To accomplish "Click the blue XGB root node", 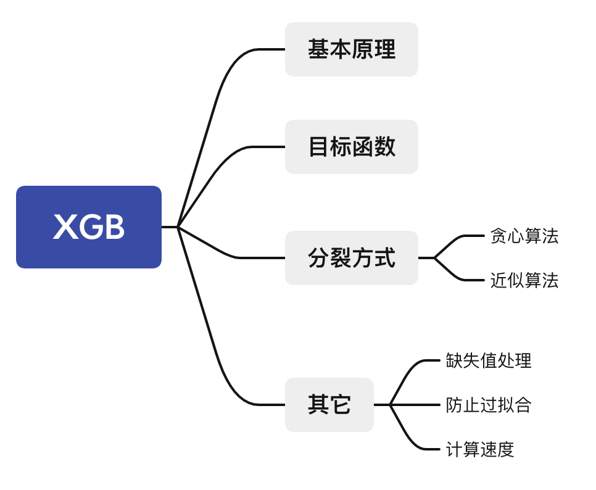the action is tap(89, 227).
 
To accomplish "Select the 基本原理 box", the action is tap(352, 49).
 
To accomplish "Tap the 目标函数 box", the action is tap(352, 147).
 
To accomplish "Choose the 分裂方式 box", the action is tap(352, 258).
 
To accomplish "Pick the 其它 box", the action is tap(329, 404).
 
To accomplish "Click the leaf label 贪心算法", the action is tap(524, 236).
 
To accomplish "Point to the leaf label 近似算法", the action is tap(524, 281).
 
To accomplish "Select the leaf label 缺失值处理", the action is tap(489, 360).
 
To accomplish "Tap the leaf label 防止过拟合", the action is tap(489, 405).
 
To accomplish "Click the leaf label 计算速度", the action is tap(479, 449).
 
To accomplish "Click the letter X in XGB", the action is tap(64, 227).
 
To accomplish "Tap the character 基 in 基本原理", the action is tap(318, 49).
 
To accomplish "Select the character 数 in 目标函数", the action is tap(384, 147).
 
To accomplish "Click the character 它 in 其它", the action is tap(340, 404).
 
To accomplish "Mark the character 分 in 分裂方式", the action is tap(318, 258).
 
